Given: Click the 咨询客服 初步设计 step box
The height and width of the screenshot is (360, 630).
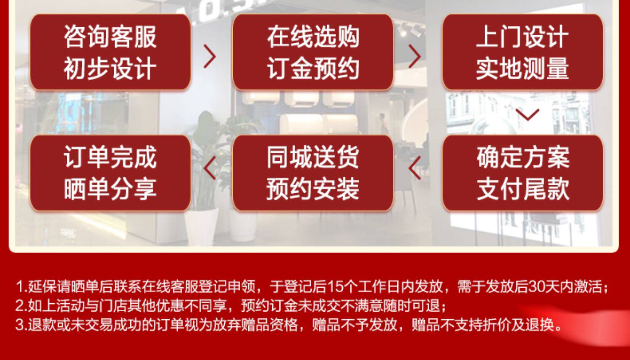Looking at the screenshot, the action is click(110, 53).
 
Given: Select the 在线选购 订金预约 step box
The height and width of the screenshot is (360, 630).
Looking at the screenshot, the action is click(313, 53).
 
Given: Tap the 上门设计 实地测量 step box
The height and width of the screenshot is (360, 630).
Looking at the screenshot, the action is click(522, 53).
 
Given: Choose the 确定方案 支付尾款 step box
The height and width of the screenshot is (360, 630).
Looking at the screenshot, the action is click(522, 173).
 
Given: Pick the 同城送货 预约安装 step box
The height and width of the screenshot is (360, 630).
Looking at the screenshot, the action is click(313, 173).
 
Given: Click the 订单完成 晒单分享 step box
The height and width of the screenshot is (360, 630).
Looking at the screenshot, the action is click(110, 173).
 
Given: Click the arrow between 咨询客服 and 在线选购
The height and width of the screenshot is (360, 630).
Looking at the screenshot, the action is click(210, 56).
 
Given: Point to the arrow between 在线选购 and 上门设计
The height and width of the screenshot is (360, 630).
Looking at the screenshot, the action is click(415, 56).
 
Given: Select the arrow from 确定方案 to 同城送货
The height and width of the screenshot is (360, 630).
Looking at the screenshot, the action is click(415, 168).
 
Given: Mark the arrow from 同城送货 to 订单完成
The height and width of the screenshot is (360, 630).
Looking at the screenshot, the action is click(210, 168).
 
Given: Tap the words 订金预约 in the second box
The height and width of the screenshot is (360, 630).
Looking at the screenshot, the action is click(313, 68).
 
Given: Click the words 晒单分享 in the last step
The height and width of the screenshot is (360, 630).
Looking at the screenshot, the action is click(110, 189).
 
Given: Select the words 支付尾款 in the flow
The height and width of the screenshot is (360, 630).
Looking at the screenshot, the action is click(523, 189).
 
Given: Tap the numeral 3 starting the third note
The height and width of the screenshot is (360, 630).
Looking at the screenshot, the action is click(19, 325).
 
